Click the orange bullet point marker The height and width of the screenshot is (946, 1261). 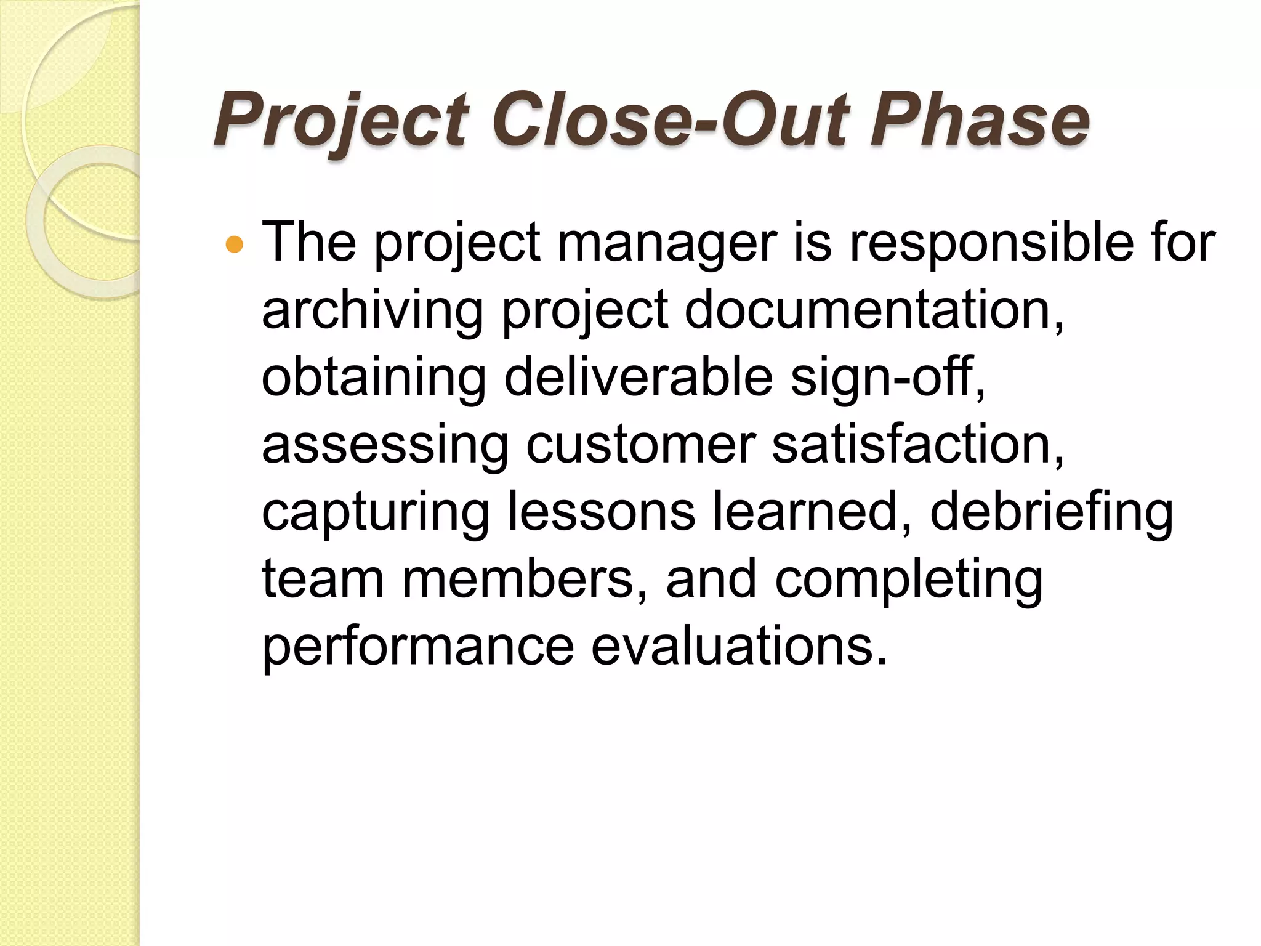coord(235,245)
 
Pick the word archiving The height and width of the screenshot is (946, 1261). coord(373,311)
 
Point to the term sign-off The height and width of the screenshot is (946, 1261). coord(887,378)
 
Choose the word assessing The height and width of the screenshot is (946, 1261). coord(385,445)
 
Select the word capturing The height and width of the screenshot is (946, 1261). coord(375,513)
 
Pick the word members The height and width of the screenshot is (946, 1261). coord(517,580)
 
